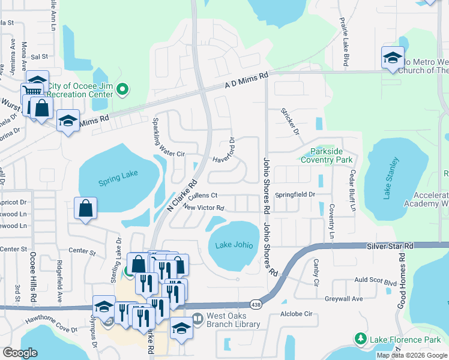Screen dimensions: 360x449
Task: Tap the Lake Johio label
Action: (235, 245)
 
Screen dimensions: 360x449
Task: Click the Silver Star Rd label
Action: (390, 246)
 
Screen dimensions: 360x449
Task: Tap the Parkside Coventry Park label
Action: (327, 156)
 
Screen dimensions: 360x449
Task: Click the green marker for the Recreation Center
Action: (123, 90)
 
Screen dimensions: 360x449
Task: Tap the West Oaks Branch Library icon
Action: (197, 320)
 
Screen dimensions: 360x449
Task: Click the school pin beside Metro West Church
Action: (393, 58)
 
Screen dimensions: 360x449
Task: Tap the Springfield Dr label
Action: (295, 195)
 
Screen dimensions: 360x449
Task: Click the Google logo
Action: (20, 353)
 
